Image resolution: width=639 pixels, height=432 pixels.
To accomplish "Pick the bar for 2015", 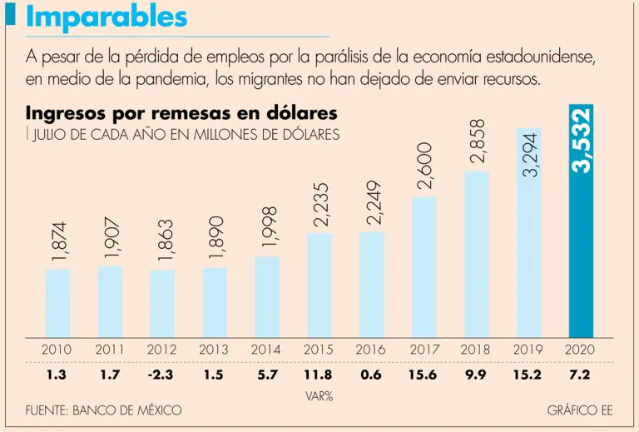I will (319, 284).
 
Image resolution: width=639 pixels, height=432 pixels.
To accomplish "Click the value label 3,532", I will (582, 140).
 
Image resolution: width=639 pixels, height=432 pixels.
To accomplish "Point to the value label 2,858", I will (477, 142).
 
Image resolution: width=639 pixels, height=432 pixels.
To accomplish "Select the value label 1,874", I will (57, 242).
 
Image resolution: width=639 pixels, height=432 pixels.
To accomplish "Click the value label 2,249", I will (372, 202).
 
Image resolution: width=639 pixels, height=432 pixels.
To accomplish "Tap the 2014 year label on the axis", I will (266, 350).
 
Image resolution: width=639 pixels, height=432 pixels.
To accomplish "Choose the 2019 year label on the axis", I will (528, 350).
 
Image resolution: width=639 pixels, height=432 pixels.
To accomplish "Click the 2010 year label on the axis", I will (57, 350).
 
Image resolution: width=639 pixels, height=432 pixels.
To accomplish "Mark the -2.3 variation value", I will (161, 375).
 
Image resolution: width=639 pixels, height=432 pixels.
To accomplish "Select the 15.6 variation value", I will (424, 375).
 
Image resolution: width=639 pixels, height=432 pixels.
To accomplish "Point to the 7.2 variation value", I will (580, 375).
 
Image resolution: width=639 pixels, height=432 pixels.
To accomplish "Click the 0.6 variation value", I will (371, 375).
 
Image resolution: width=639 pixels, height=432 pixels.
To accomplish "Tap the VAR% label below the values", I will (319, 396).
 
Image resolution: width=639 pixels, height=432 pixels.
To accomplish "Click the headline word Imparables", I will (106, 17).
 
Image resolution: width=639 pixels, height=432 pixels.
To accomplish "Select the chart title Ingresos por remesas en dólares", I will (181, 113).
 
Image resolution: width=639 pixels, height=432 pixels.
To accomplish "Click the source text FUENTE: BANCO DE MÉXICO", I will (103, 411).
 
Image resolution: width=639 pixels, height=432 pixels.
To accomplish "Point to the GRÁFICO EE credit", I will (580, 411).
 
